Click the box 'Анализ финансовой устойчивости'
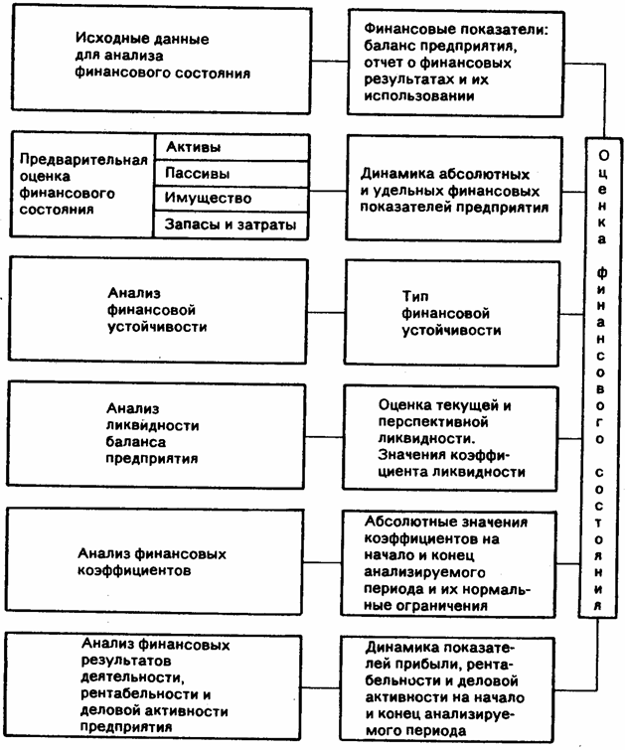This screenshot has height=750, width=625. point(156,310)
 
